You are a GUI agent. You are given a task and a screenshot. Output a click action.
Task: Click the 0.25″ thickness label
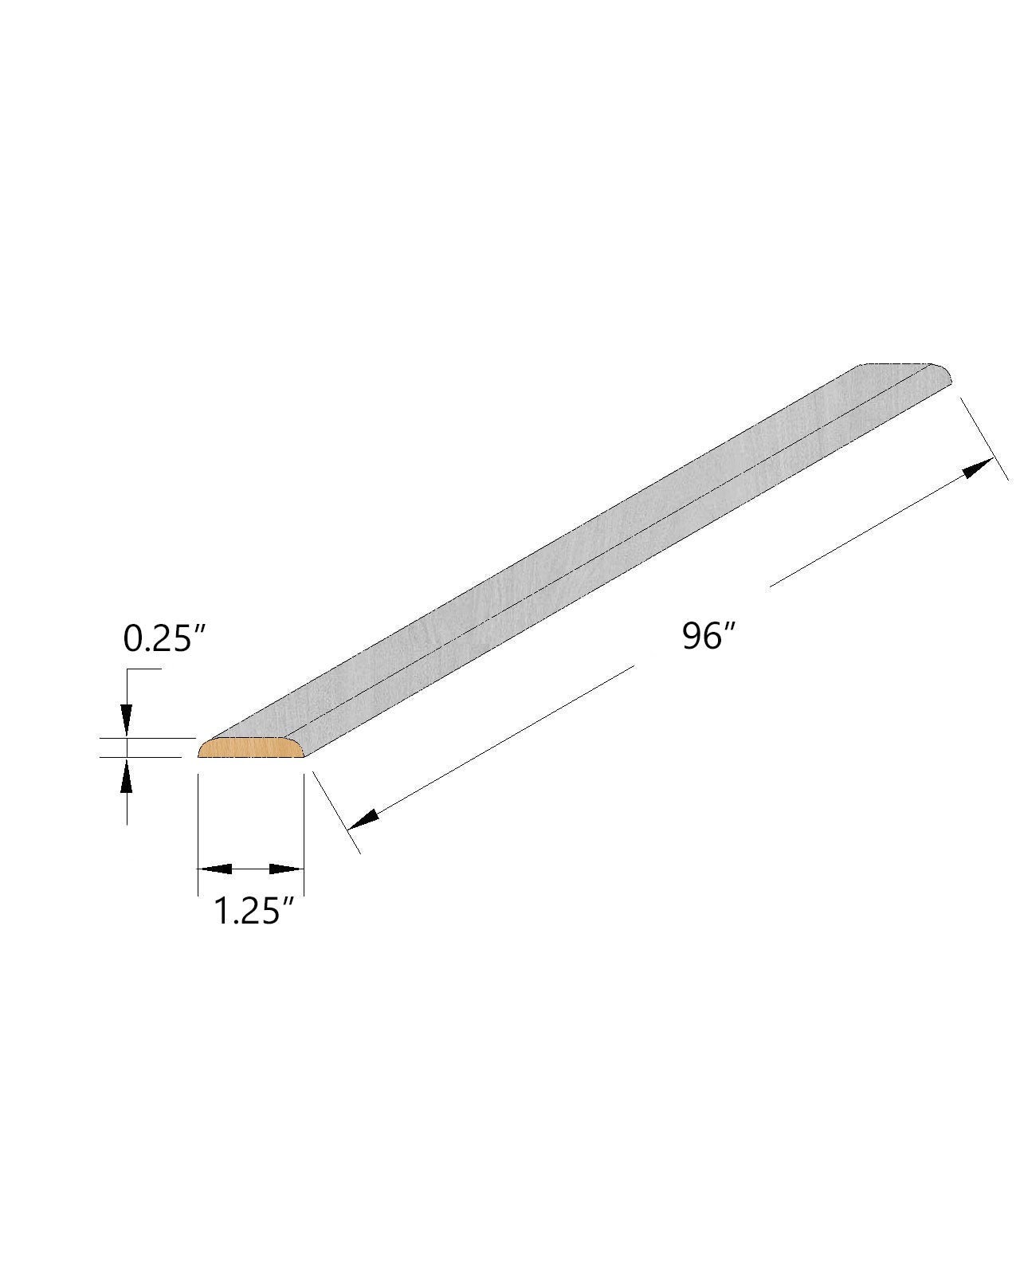tap(164, 640)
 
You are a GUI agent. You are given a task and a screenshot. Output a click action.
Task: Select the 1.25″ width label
tap(253, 911)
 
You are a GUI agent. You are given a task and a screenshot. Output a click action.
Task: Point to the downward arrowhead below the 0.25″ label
tap(126, 720)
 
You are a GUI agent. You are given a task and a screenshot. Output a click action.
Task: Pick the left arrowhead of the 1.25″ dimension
tap(214, 869)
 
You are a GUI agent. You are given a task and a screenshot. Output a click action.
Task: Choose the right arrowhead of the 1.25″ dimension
tap(287, 869)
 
